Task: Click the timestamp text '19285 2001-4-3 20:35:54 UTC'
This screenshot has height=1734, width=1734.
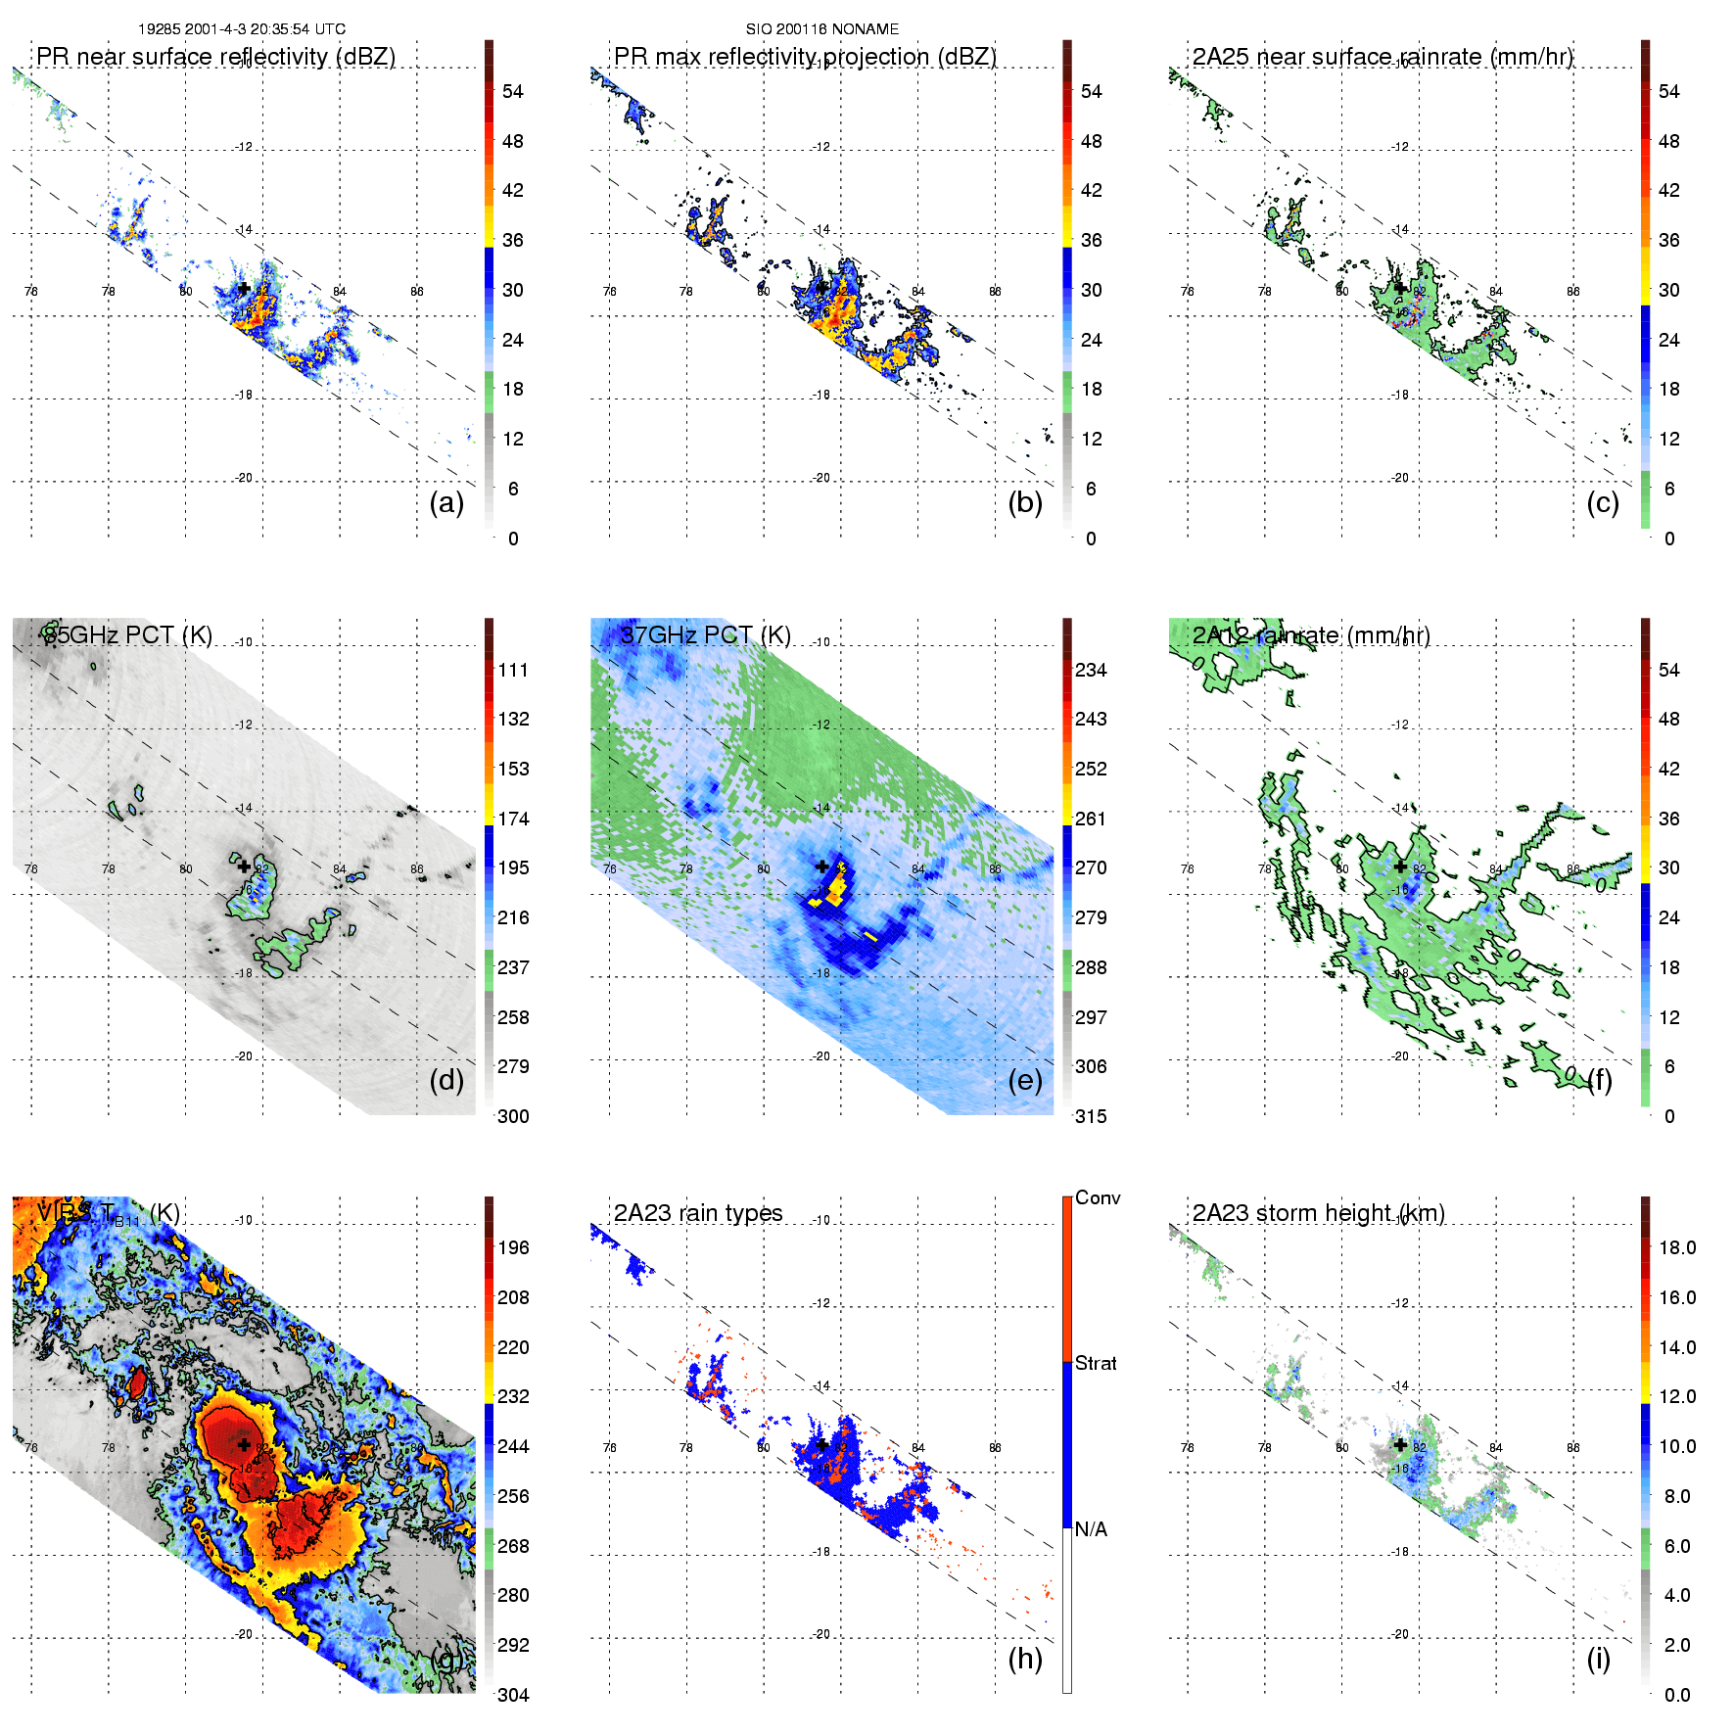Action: point(241,29)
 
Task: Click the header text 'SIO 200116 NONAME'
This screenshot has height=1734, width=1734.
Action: point(821,29)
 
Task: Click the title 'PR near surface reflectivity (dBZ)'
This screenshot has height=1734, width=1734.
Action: point(215,57)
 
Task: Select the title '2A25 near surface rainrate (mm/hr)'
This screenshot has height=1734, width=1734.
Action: point(1382,57)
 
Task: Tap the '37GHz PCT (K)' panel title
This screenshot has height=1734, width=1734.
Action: point(705,635)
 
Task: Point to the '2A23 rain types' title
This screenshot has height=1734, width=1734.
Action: point(697,1213)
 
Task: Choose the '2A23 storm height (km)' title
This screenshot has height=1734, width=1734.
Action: point(1318,1213)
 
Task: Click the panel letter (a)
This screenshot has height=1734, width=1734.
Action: point(446,502)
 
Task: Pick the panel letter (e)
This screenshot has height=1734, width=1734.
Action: point(1025,1080)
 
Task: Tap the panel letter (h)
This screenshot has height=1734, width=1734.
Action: point(1025,1658)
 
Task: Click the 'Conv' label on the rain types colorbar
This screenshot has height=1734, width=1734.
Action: point(1098,1197)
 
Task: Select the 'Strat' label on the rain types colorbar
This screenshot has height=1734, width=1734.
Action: point(1096,1363)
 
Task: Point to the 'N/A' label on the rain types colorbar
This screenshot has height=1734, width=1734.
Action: point(1091,1529)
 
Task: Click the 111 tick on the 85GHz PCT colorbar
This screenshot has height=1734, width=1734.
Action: point(513,670)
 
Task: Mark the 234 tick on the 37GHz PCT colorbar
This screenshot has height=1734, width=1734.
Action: point(1091,670)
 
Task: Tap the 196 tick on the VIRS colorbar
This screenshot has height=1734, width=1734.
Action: point(513,1247)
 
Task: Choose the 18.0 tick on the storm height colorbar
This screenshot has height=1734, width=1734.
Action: point(1676,1247)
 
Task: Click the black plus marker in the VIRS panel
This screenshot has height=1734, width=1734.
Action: point(244,1444)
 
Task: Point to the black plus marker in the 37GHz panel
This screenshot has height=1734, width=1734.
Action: point(822,867)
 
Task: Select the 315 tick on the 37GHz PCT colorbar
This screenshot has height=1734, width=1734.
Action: point(1091,1116)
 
